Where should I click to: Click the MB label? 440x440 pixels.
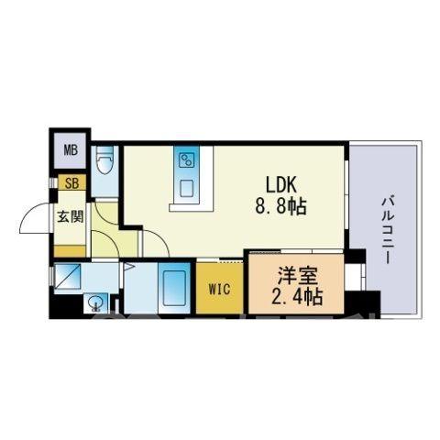pos(71,150)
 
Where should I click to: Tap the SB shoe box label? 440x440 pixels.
pos(72,183)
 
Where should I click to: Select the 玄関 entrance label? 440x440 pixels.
pos(71,216)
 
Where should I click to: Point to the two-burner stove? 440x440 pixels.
pos(186,159)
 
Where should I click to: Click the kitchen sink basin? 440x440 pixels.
pos(186,188)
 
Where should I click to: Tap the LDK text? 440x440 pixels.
pos(280,185)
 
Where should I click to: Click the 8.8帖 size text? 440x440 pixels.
pos(280,207)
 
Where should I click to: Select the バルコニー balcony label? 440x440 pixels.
pos(388,230)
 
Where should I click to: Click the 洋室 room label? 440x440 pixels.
pos(297,276)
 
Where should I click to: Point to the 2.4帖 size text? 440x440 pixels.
pos(297,296)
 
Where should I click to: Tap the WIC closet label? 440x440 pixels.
pos(220,289)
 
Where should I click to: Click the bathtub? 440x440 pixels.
pos(174,288)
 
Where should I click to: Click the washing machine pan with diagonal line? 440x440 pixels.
pos(68,276)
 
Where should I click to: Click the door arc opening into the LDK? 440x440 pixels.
pos(160,239)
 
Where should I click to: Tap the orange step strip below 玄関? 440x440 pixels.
pos(70,251)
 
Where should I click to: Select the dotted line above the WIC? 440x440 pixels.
pos(231,262)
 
